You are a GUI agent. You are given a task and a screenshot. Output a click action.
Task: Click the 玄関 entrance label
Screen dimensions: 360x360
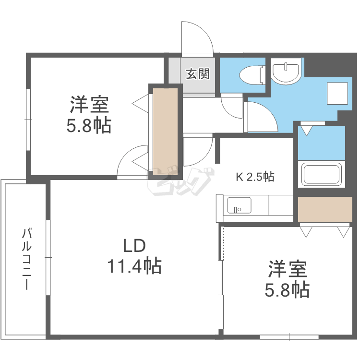(x=198, y=74)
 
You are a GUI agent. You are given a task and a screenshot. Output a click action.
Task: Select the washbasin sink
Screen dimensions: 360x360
(x=286, y=71)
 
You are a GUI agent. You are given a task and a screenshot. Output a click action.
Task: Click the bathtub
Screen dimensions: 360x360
(x=321, y=174)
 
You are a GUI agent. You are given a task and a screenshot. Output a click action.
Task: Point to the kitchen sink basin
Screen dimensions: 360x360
(x=239, y=205)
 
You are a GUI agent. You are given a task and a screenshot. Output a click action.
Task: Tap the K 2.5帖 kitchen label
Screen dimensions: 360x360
(x=255, y=177)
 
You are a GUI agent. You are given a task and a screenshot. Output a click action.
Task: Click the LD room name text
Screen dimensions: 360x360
(x=134, y=246)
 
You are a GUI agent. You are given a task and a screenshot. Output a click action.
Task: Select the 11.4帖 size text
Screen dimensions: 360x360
(x=134, y=266)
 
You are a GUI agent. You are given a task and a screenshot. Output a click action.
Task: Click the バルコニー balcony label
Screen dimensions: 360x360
(x=27, y=259)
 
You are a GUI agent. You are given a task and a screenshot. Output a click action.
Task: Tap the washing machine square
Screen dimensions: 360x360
(x=337, y=93)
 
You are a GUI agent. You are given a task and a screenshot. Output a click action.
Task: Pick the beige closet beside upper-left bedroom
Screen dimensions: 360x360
(x=166, y=132)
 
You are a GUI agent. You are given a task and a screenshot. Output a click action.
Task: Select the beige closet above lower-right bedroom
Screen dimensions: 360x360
(x=325, y=209)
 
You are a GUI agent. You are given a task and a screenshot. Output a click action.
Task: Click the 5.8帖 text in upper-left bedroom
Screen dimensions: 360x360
(x=89, y=126)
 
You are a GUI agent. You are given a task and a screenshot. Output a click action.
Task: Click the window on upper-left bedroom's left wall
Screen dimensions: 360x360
(x=28, y=120)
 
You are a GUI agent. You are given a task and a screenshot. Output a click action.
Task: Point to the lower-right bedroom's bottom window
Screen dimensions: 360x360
(x=289, y=337)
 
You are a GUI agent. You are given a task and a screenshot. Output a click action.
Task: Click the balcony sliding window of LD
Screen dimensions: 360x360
(x=48, y=257)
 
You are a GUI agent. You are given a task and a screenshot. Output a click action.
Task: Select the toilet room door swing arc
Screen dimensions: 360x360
(x=227, y=112)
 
